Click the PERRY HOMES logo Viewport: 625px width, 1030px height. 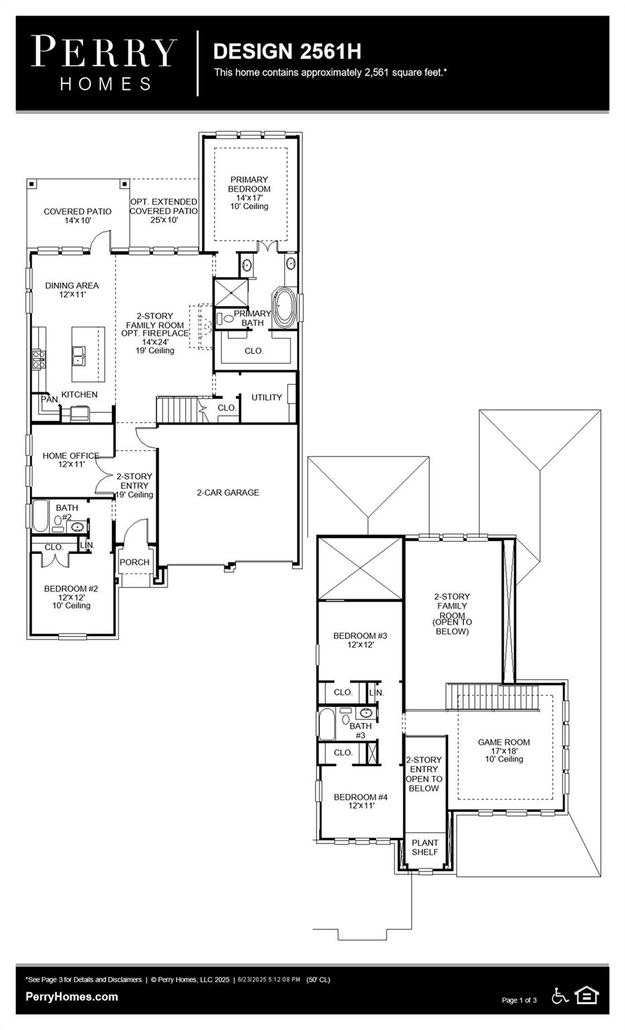pos(104,63)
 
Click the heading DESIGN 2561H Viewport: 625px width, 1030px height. pos(287,51)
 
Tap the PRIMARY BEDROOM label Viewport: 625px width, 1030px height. pos(249,184)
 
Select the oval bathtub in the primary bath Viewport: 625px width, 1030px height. pos(284,308)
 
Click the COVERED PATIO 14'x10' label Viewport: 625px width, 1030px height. pos(78,215)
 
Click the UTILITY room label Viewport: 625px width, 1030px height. pos(266,397)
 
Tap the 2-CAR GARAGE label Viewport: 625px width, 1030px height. pos(228,492)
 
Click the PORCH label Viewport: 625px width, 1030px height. pos(134,562)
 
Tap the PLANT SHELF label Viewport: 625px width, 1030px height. pos(424,847)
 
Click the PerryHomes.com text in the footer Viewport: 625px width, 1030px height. pos(72,996)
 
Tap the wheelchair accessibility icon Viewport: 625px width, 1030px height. pos(559,996)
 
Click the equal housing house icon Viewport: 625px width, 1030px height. pos(587,996)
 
